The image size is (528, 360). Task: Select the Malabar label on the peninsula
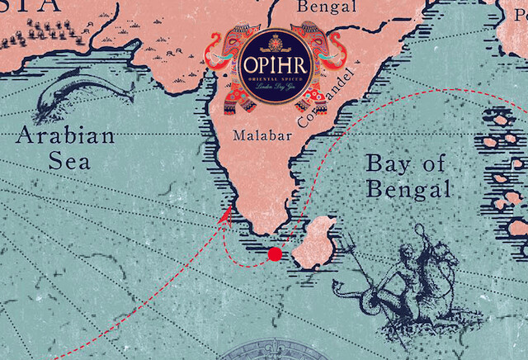pyautogui.click(x=256, y=134)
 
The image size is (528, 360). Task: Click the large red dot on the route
pyautogui.click(x=275, y=254)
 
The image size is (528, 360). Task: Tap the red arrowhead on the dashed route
pyautogui.click(x=223, y=217)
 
